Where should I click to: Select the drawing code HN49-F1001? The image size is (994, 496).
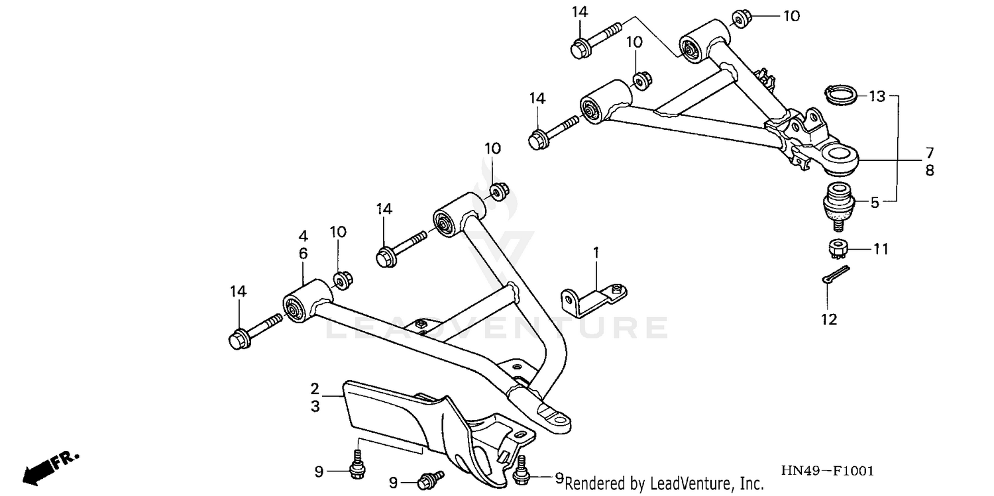pyautogui.click(x=827, y=471)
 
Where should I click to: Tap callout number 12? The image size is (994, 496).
pyautogui.click(x=829, y=320)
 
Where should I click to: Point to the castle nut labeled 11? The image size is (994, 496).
pyautogui.click(x=838, y=249)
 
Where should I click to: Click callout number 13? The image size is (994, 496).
pyautogui.click(x=877, y=97)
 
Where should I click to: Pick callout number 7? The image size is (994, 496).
pyautogui.click(x=930, y=152)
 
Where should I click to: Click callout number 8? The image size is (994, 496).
pyautogui.click(x=930, y=170)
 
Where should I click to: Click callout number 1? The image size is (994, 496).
pyautogui.click(x=596, y=252)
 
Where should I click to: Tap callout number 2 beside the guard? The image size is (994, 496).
pyautogui.click(x=315, y=388)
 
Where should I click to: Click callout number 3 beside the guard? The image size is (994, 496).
pyautogui.click(x=315, y=406)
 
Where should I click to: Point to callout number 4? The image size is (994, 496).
pyautogui.click(x=303, y=236)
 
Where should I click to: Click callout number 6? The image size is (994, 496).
pyautogui.click(x=303, y=253)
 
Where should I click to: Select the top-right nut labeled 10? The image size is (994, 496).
pyautogui.click(x=740, y=17)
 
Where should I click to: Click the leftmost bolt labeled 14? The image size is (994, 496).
pyautogui.click(x=254, y=330)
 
